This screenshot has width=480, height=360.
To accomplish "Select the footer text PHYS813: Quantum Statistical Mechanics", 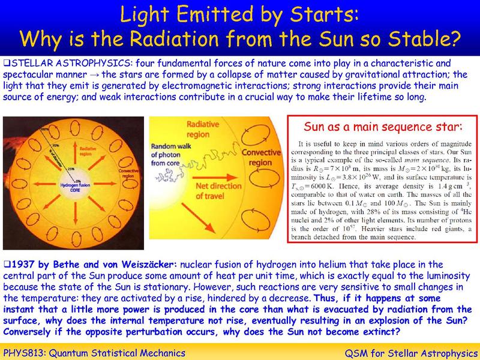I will [x=94, y=351].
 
